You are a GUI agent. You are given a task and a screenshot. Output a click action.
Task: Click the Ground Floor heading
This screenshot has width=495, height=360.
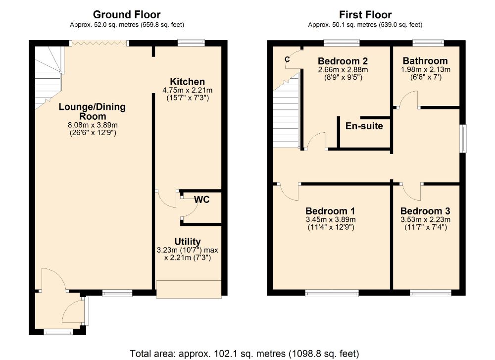127,14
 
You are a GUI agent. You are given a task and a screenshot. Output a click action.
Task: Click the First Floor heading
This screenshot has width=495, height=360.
365,14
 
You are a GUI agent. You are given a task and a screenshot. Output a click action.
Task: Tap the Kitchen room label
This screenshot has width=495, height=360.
187,82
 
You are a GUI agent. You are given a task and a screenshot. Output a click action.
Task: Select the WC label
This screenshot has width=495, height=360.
202,200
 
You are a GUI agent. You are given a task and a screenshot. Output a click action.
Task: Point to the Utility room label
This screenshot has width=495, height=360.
188,242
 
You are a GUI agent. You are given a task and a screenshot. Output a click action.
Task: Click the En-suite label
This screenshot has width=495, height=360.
364,126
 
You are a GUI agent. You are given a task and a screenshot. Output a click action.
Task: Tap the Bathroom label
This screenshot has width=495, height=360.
425,60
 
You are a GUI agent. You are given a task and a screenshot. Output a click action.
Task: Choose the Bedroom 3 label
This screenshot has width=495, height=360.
425,211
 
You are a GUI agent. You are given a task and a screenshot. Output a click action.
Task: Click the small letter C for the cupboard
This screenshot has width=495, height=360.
287,59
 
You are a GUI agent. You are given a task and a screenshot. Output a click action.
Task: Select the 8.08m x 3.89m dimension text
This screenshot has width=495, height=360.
93,125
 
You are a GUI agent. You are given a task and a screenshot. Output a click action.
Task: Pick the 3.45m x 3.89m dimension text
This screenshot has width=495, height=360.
331,219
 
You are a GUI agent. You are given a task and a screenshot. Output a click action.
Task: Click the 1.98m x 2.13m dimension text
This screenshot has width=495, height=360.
426,69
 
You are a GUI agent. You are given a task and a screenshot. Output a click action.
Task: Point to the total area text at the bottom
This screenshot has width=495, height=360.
245,354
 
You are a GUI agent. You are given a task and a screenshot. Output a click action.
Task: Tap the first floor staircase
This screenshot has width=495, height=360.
286,110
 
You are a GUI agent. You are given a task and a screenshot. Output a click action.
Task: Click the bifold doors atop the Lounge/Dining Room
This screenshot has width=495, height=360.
99,43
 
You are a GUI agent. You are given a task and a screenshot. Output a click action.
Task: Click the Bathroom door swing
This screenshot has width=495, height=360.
408,99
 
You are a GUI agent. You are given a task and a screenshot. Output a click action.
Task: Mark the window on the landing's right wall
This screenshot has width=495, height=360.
463,139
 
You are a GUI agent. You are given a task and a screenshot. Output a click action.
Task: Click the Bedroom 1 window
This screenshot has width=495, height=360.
332,293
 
